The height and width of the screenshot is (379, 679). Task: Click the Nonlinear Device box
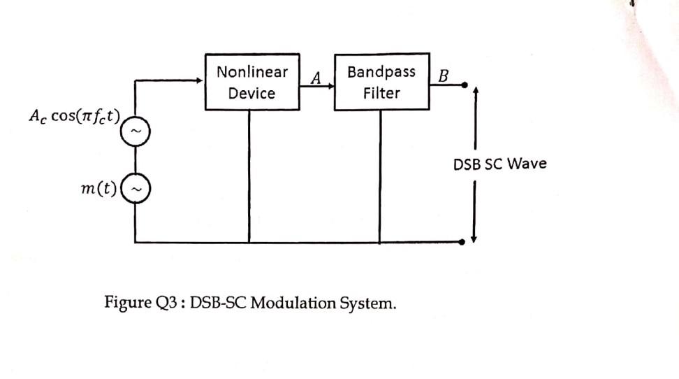(251, 81)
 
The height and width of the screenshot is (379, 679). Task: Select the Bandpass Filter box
(381, 82)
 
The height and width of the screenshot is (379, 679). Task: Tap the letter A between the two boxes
(316, 78)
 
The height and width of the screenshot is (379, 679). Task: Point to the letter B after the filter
(444, 76)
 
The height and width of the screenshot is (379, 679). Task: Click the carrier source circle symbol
(135, 131)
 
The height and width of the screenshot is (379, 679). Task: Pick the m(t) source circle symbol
(135, 187)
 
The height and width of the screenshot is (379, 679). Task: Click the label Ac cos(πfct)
(74, 117)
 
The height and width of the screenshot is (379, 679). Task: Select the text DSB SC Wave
(499, 164)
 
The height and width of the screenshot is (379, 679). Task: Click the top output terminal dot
(464, 85)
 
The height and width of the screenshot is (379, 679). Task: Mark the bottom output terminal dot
(464, 242)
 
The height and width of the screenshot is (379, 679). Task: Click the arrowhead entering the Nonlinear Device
(200, 80)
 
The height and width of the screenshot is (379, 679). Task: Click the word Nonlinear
(251, 71)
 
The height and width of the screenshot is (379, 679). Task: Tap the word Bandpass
(381, 71)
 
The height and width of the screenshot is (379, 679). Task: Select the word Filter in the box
(381, 93)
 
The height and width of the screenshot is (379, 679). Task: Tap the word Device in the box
(251, 93)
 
